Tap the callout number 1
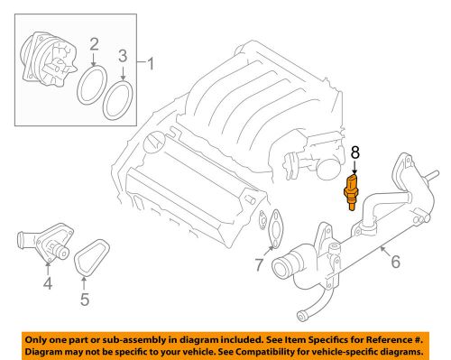(x=151, y=64)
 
